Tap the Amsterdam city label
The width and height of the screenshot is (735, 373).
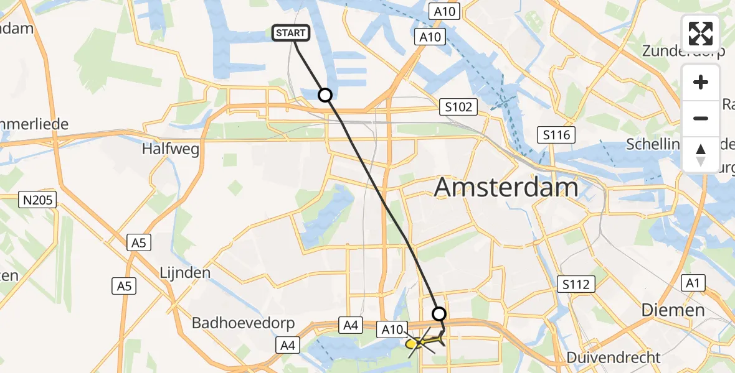coord(506,186)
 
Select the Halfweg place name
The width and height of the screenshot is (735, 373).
coord(165,149)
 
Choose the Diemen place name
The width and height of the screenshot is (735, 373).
coord(673,310)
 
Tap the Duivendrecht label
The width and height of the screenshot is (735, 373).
coord(614,357)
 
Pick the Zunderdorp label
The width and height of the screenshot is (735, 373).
coord(682,50)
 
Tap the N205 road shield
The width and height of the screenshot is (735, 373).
coord(38,200)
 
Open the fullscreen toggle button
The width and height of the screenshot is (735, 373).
coord(701,33)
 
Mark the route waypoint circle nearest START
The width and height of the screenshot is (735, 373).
coord(325,95)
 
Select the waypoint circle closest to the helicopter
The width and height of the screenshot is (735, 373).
coord(439,314)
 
